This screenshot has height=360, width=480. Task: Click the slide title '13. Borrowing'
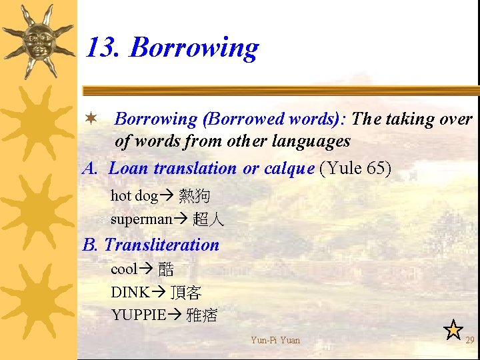172,48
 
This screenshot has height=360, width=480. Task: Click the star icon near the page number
453,329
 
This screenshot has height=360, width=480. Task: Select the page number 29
470,341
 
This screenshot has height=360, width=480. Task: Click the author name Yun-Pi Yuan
275,341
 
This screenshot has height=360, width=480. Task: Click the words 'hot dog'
133,196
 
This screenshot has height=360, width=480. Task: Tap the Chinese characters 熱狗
195,196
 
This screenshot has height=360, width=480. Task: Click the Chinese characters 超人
209,219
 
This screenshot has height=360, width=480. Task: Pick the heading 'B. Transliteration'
151,245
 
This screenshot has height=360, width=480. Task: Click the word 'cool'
123,269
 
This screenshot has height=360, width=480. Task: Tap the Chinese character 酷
166,270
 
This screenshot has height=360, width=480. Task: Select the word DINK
130,292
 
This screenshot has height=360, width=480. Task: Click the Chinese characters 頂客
186,293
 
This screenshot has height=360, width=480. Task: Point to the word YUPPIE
138,315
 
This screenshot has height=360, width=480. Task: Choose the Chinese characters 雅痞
202,315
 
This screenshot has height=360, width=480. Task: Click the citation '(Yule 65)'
355,168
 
